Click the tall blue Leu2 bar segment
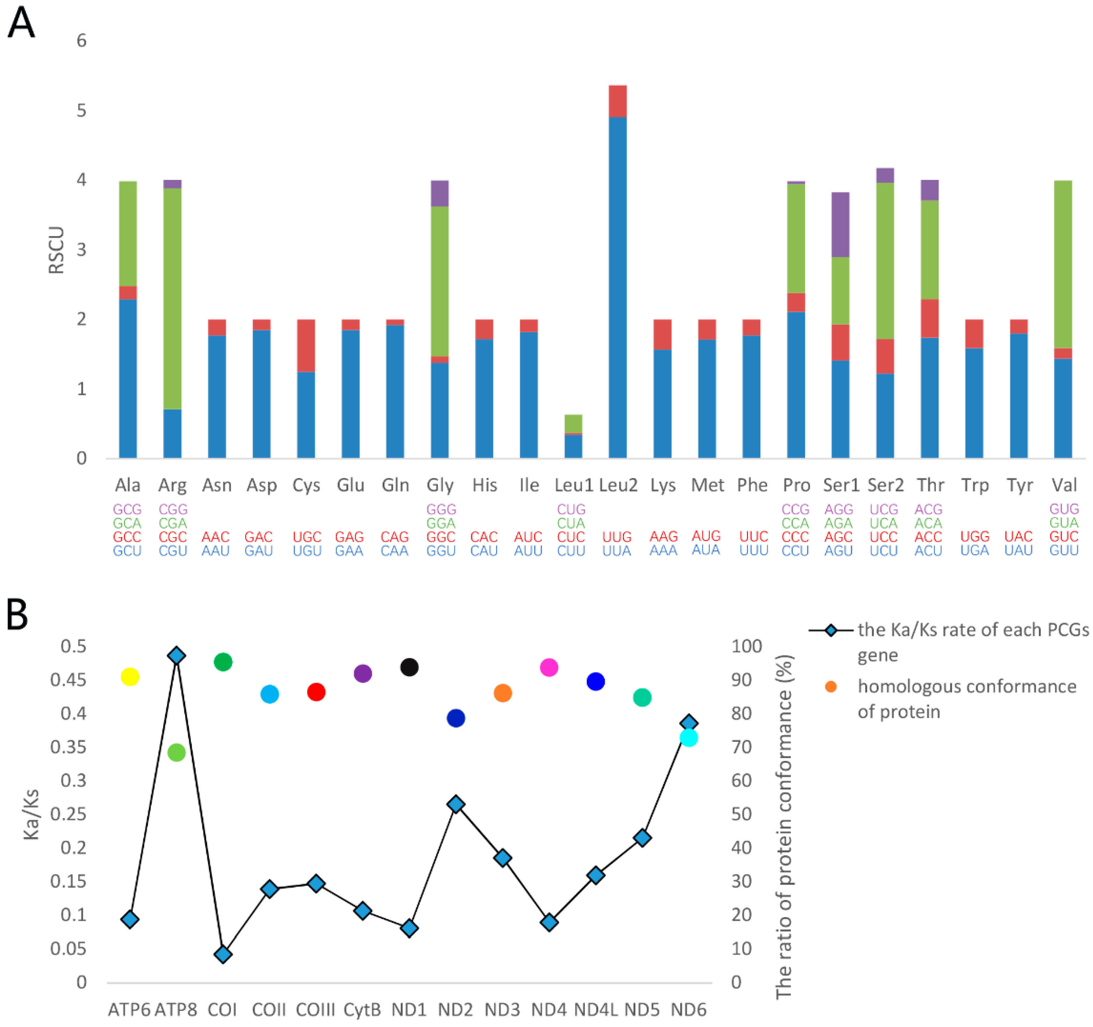[x=618, y=286]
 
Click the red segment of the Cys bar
[x=306, y=345]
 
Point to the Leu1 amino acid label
[x=573, y=485]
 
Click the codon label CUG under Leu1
[x=571, y=509]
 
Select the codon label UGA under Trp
[x=974, y=550]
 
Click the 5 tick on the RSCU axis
[x=81, y=110]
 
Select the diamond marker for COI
[x=223, y=954]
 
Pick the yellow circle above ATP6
[x=130, y=677]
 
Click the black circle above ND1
[x=410, y=667]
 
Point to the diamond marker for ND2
[x=456, y=804]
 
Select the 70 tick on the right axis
[x=741, y=747]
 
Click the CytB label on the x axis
[x=362, y=1010]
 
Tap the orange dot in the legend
[x=831, y=686]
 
